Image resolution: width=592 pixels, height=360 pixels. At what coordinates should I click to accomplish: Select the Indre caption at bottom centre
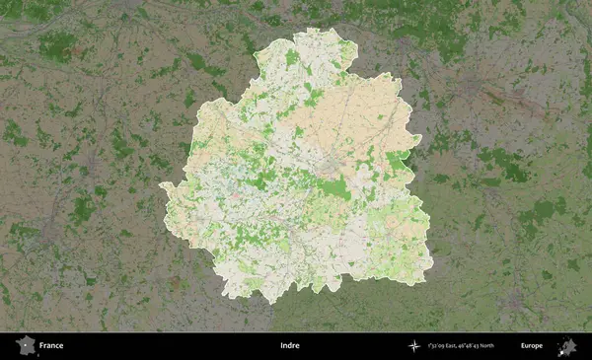(289, 346)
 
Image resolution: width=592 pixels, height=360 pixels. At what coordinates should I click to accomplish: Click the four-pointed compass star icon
(413, 346)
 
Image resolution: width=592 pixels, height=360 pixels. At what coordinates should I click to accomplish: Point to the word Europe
(532, 346)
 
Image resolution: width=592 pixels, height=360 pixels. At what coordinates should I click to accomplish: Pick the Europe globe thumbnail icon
(568, 346)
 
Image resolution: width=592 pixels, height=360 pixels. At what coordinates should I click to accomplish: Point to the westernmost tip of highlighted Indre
(161, 185)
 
